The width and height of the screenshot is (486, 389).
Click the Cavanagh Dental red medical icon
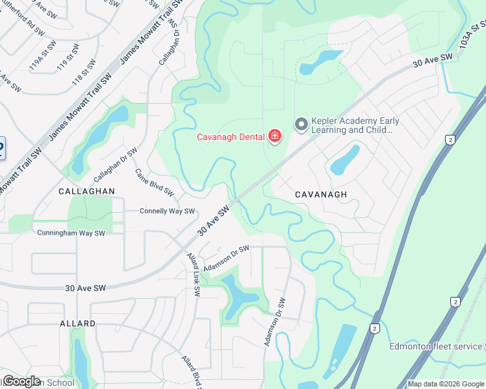(x=275, y=136)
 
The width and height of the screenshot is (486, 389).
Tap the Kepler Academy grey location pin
(x=301, y=124)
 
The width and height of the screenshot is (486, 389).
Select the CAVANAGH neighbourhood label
(x=321, y=194)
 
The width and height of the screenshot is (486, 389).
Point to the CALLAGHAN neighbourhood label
(x=86, y=191)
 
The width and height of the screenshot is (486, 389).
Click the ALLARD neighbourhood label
(x=77, y=323)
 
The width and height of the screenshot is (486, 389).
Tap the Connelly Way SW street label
(x=167, y=211)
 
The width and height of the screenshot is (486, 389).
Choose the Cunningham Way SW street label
(x=71, y=232)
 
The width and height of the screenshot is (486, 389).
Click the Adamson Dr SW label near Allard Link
(x=226, y=259)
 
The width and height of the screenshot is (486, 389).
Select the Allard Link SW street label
(x=192, y=274)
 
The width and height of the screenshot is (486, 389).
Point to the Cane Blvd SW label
(x=155, y=182)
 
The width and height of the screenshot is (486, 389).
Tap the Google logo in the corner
(x=21, y=381)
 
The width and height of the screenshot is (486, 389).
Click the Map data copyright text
(x=446, y=384)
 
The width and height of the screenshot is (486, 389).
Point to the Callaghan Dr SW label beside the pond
(x=115, y=164)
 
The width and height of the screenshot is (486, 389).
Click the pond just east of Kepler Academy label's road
(x=345, y=159)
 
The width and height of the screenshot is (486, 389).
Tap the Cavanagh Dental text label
(x=231, y=136)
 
